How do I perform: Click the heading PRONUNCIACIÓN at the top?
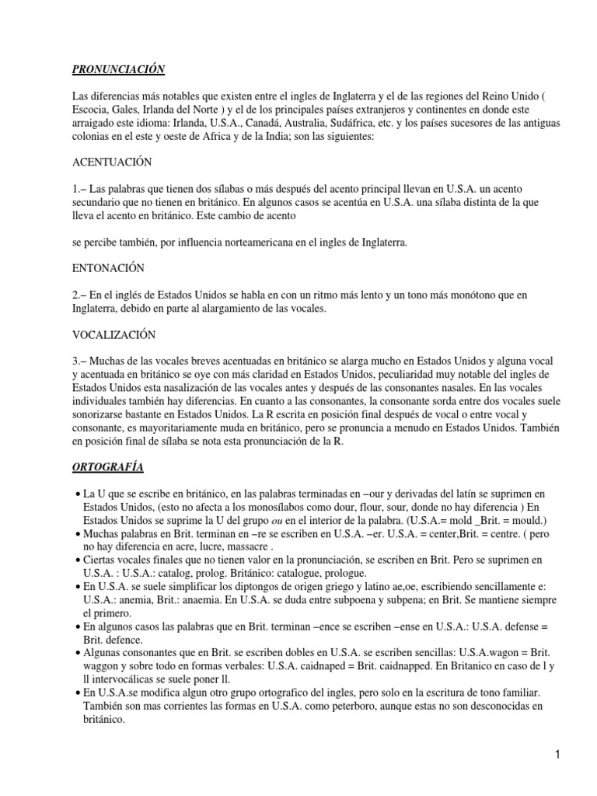(119, 69)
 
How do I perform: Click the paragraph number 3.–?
(80, 361)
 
